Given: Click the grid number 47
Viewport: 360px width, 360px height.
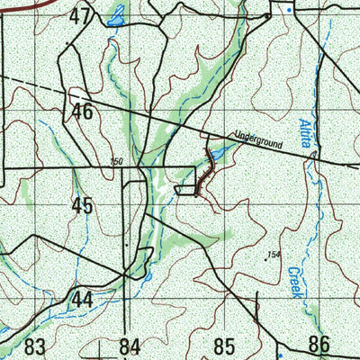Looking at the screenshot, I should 81,15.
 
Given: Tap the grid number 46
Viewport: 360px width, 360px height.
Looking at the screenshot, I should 84,112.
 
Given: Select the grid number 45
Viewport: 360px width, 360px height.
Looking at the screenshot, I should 83,205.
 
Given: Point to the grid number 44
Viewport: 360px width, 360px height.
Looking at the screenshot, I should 83,299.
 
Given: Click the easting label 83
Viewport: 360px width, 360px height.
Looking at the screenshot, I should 35,346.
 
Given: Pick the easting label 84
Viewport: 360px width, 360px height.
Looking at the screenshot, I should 130,346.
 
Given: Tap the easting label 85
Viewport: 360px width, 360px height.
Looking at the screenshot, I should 224,346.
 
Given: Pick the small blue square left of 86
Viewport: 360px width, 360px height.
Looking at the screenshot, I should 280,344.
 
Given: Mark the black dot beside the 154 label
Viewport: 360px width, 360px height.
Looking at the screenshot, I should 267,259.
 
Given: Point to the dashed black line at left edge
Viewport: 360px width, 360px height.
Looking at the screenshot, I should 22,82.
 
